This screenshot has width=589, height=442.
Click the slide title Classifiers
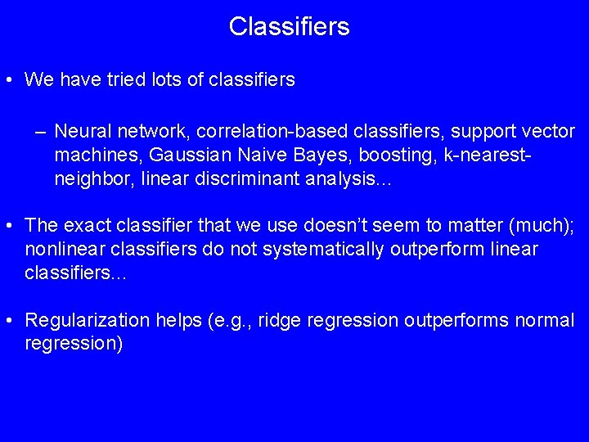[x=289, y=27]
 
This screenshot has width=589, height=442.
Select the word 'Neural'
[x=82, y=132]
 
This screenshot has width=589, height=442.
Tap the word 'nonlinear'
[x=59, y=249]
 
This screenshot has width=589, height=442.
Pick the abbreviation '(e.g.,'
[x=228, y=321]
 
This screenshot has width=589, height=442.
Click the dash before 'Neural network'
[x=40, y=132]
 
